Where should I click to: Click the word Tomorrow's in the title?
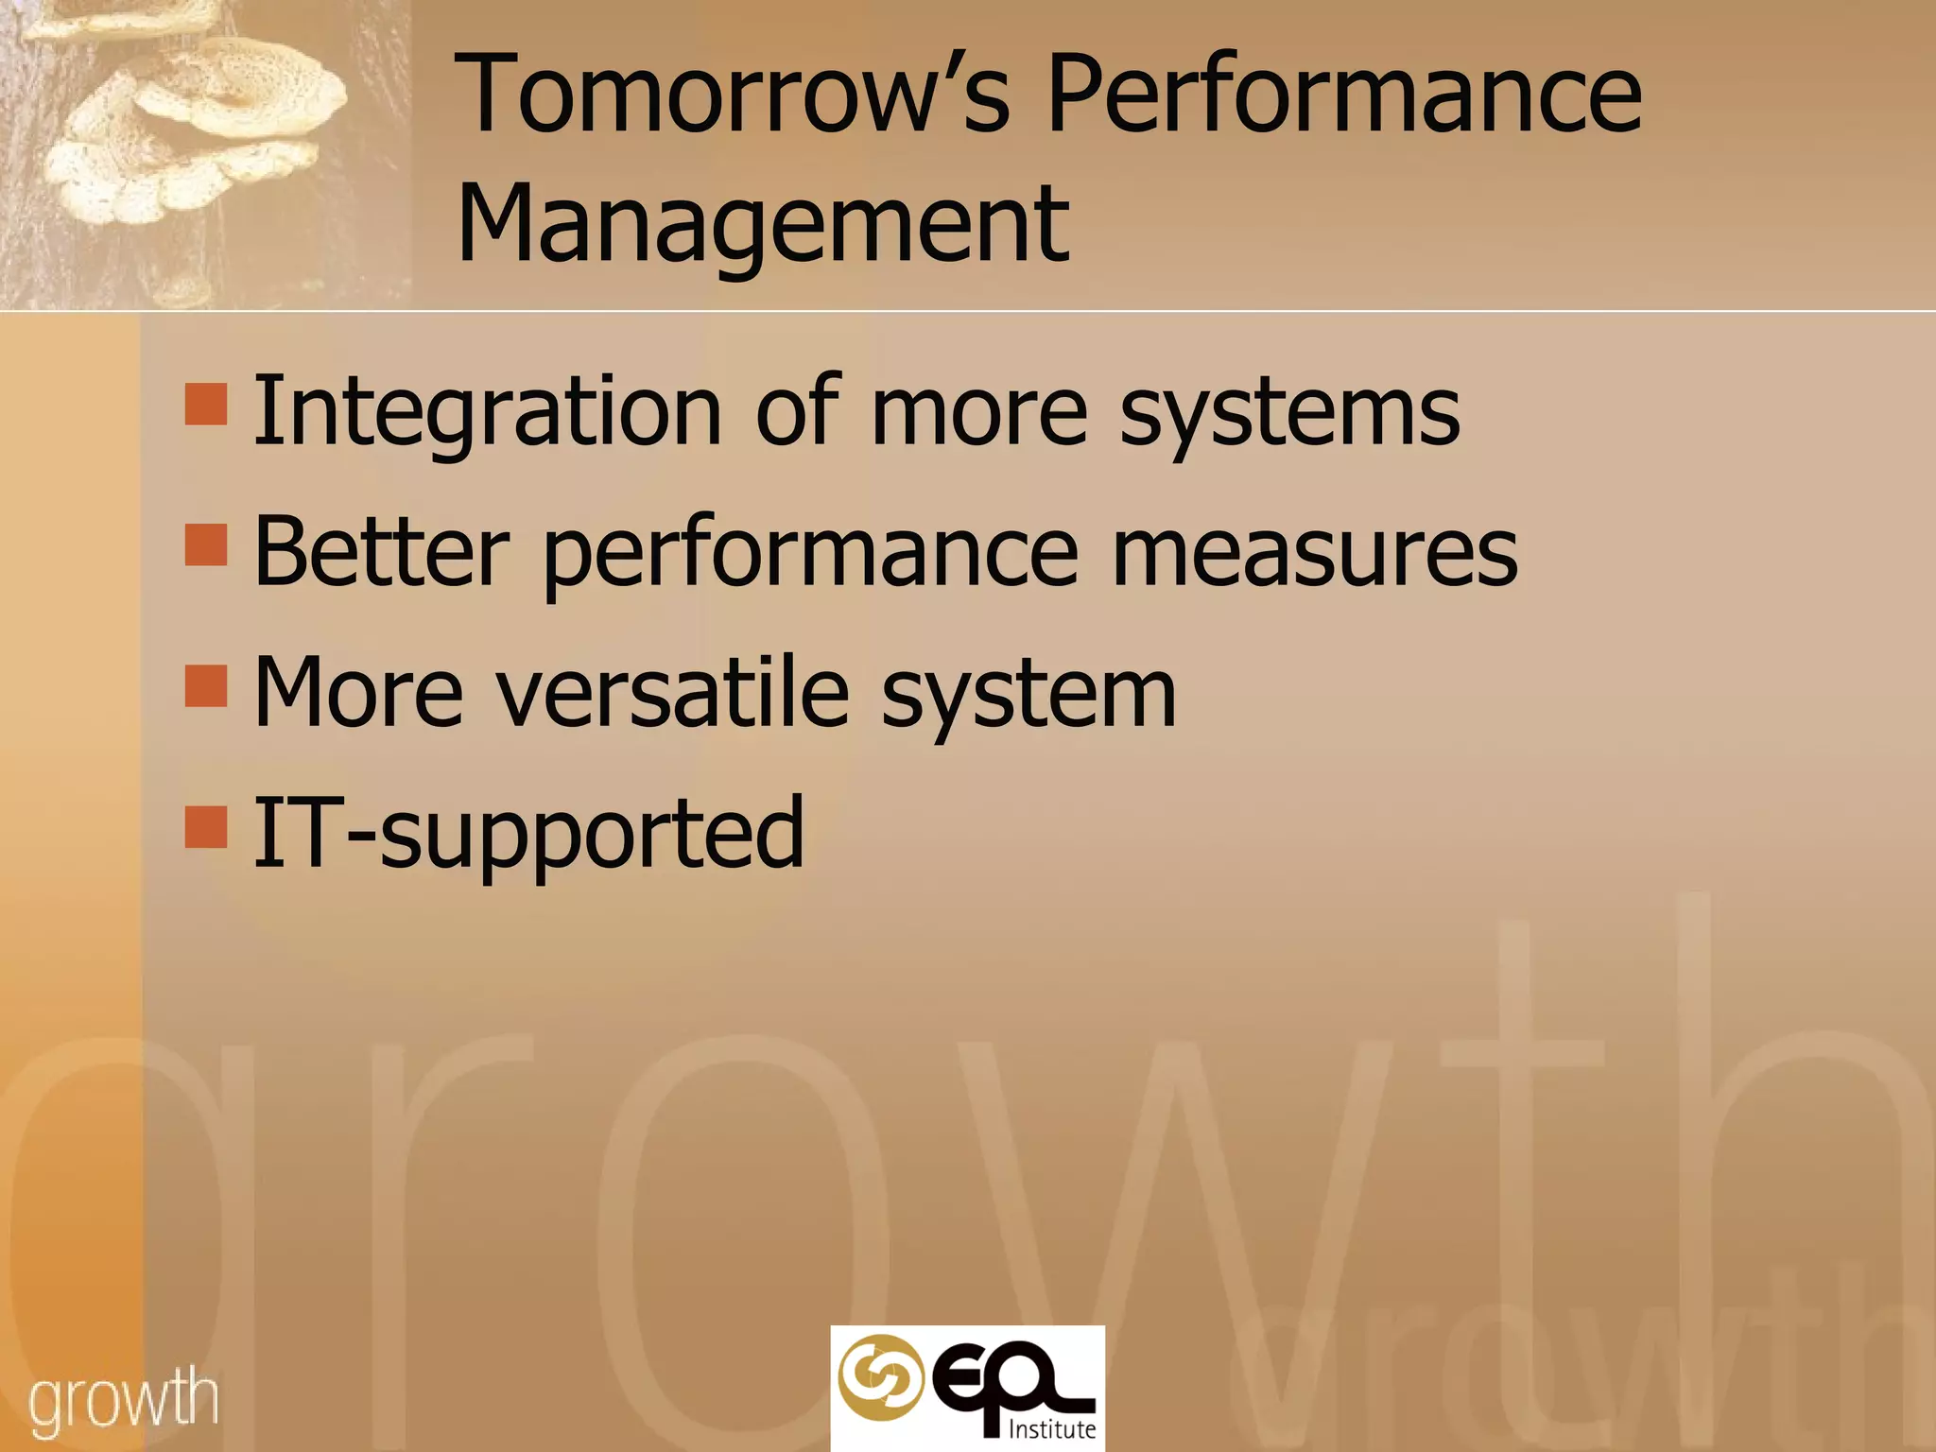click(x=733, y=95)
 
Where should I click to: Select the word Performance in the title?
click(x=1344, y=95)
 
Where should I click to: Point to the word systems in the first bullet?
click(x=1289, y=416)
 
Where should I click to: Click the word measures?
click(x=1314, y=553)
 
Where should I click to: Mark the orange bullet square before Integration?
click(x=206, y=405)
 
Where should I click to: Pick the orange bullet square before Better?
click(x=206, y=545)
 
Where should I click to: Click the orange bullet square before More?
click(x=206, y=686)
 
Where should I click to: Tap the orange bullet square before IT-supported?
click(x=206, y=826)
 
